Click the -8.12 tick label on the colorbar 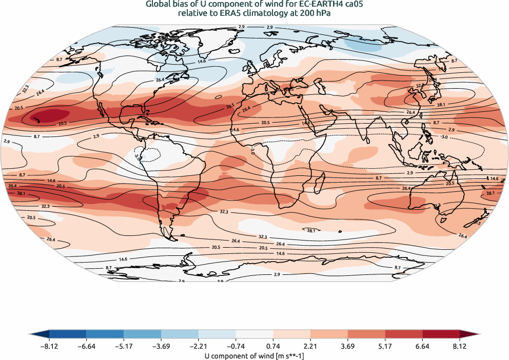pyautogui.click(x=49, y=347)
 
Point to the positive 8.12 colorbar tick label pyautogui.click(x=459, y=347)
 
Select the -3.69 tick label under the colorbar pyautogui.click(x=161, y=347)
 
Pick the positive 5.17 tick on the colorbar pyautogui.click(x=385, y=347)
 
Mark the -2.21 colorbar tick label pyautogui.click(x=198, y=347)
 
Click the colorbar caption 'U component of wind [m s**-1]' pyautogui.click(x=254, y=355)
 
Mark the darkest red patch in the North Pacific pyautogui.click(x=48, y=117)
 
